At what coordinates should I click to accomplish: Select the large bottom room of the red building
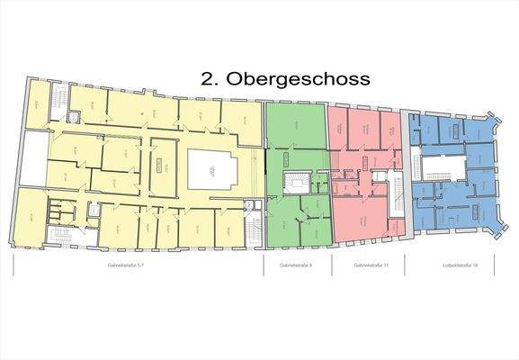click(358, 220)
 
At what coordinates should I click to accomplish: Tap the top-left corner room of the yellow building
click(36, 103)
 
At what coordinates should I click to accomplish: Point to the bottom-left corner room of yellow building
click(31, 216)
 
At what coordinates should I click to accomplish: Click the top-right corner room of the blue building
click(483, 130)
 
